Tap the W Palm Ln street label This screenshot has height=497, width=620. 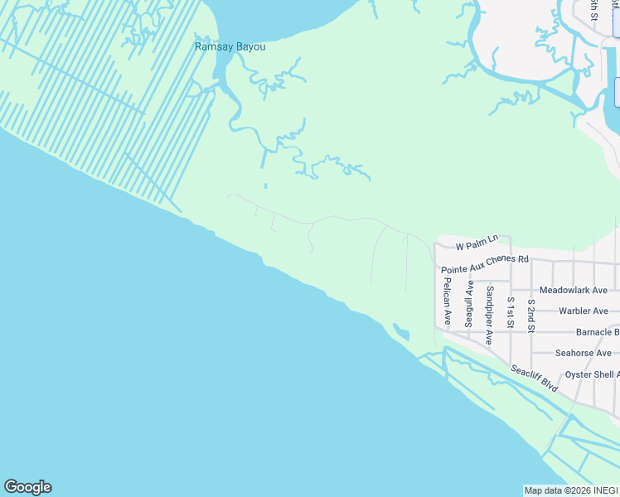(477, 242)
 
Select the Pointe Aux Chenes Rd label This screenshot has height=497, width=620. (484, 263)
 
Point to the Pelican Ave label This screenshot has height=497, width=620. (447, 301)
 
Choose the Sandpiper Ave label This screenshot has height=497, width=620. (490, 315)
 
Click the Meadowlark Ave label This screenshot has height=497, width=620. (573, 291)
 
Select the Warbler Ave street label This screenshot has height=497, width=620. (584, 311)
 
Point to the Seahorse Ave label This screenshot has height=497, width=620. (583, 353)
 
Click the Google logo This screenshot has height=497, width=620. (27, 487)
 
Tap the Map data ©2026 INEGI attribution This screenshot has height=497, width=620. (570, 490)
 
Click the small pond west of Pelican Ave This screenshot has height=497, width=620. (402, 333)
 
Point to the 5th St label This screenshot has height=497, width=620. (593, 8)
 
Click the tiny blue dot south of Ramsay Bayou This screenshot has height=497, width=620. (265, 186)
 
